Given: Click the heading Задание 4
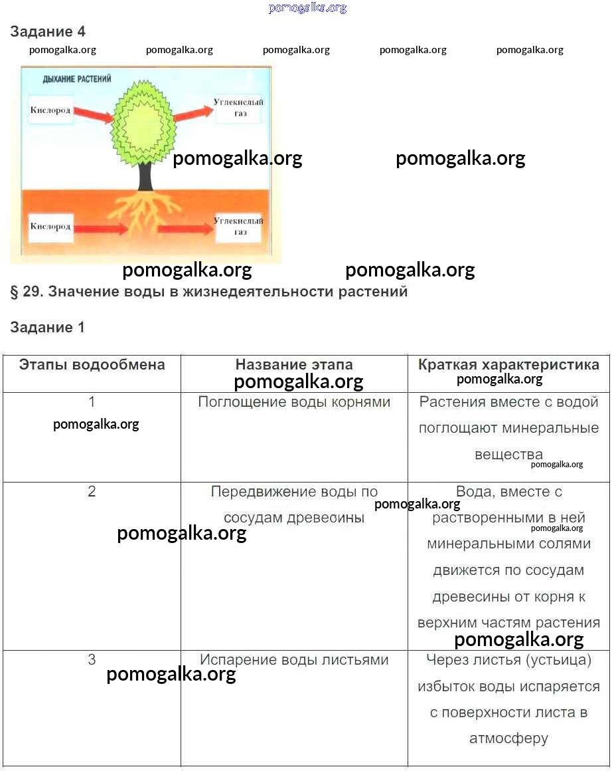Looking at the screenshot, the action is (x=48, y=31).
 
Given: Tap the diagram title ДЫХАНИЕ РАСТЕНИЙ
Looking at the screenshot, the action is (x=76, y=78).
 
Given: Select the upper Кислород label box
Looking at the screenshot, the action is (x=50, y=110).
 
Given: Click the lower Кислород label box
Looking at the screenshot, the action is (x=50, y=227).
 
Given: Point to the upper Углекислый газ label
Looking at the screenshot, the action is (x=238, y=108).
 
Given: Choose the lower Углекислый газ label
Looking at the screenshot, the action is (x=238, y=227).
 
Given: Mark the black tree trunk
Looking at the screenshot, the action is (x=145, y=176).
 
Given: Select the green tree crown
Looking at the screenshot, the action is (x=143, y=124).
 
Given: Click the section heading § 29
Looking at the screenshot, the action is (x=208, y=292).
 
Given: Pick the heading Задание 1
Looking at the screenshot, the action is (x=47, y=328).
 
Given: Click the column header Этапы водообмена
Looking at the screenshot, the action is (x=92, y=365).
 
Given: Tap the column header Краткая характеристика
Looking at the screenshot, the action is (x=508, y=365).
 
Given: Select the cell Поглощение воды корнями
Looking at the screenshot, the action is (x=294, y=402).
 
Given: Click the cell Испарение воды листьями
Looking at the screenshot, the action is (x=294, y=660).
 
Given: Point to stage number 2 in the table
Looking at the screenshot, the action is (x=92, y=492).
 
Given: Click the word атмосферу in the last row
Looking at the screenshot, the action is (x=508, y=738).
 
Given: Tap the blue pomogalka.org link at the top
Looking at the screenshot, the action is (x=307, y=8).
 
